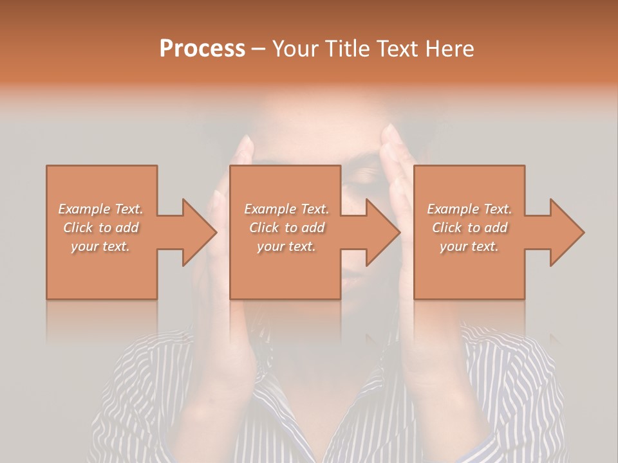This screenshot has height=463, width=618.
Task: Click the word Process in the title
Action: tap(202, 49)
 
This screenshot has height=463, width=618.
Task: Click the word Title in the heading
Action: tap(346, 49)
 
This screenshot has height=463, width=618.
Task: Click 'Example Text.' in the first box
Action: tap(101, 209)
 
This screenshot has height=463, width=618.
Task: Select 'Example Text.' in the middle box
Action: tap(286, 209)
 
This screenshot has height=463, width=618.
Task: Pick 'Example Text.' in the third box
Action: tap(469, 209)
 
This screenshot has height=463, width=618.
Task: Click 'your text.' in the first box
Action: tap(100, 246)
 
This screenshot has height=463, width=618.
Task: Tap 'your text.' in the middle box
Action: tap(286, 246)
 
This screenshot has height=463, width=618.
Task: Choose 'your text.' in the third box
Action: tap(469, 246)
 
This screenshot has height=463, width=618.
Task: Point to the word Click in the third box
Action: tap(447, 228)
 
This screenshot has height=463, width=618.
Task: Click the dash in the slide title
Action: tap(259, 49)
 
